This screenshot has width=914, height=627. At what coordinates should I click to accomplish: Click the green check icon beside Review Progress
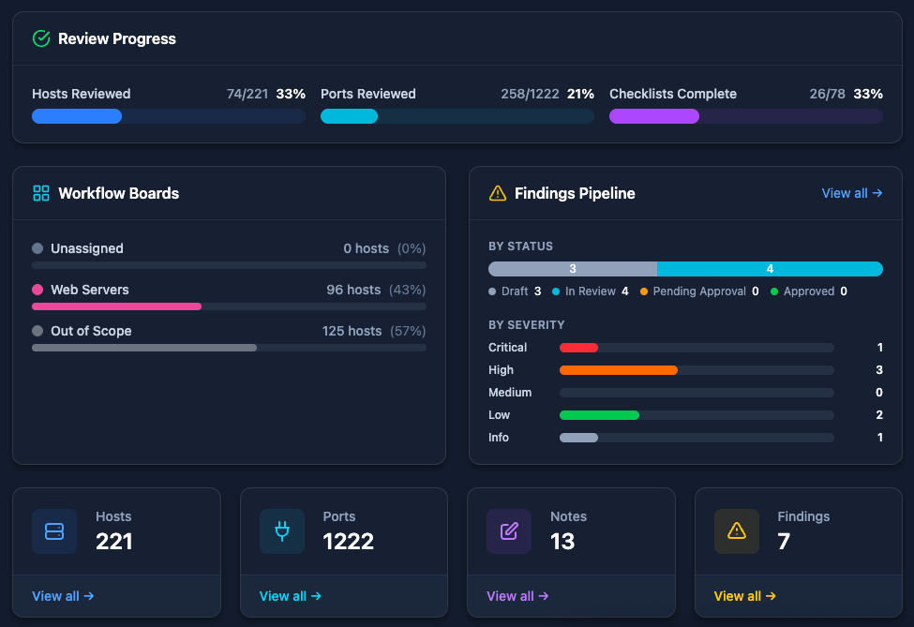41,38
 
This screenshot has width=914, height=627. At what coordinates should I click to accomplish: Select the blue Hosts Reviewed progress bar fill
77,116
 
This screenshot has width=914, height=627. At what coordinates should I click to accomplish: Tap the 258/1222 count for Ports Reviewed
530,94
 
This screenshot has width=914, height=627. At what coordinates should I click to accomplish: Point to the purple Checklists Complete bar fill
654,116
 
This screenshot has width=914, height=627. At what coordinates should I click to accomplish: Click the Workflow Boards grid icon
41,193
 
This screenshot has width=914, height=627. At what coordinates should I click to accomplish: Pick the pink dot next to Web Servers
37,290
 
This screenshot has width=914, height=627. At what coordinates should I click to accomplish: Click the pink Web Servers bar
116,306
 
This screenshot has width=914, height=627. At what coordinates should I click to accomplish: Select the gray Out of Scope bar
144,348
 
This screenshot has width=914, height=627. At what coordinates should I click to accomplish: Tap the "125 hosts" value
352,331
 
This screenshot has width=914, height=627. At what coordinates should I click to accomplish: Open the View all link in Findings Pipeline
851,193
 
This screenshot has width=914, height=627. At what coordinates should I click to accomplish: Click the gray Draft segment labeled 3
573,269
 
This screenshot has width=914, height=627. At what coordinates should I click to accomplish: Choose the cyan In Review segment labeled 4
770,269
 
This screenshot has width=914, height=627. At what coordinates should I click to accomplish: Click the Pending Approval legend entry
699,291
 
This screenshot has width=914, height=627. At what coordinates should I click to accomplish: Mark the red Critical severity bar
578,348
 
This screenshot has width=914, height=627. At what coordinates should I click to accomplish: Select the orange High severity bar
619,370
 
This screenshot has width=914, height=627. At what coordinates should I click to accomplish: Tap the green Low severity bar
599,415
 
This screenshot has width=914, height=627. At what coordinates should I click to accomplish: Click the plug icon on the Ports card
281,531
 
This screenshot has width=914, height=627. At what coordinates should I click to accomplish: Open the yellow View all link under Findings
744,596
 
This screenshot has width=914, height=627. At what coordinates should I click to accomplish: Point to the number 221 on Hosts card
113,541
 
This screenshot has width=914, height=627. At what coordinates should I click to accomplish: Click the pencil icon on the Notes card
509,531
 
